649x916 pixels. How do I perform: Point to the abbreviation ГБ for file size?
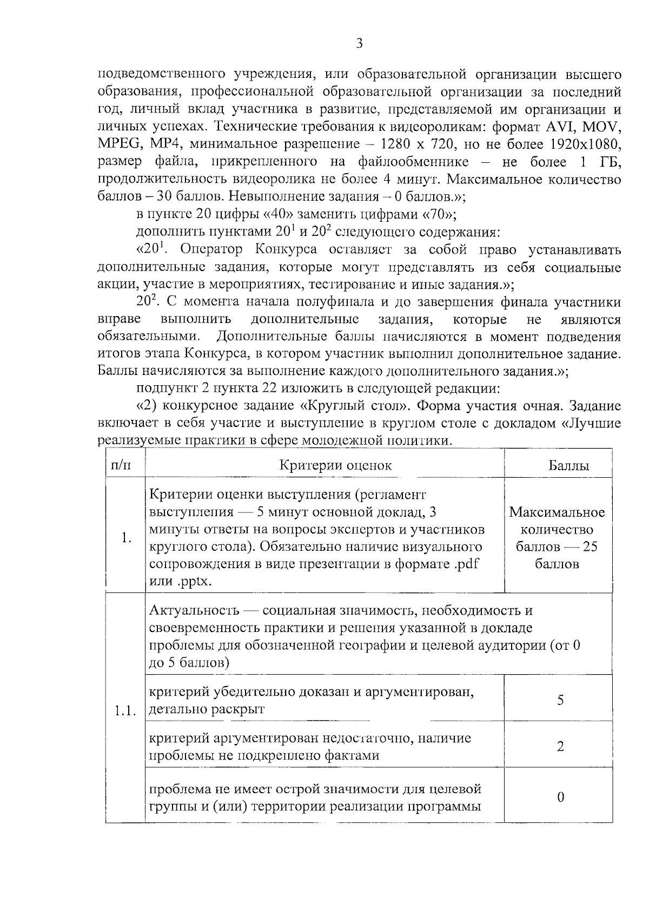click(610, 162)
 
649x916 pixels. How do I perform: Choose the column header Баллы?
click(568, 465)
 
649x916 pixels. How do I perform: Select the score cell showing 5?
click(560, 700)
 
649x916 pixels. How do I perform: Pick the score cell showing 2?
click(560, 747)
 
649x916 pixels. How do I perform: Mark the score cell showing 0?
click(560, 797)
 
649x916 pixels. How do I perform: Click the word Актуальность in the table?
click(194, 611)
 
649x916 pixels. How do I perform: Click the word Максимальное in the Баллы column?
click(557, 512)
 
